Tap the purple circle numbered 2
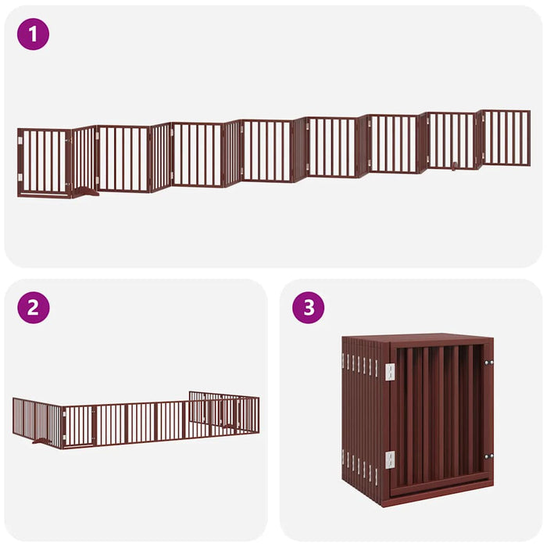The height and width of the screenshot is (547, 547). point(33,307)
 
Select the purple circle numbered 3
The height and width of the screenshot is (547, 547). point(308,307)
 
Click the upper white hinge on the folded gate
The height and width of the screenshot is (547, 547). point(389,371)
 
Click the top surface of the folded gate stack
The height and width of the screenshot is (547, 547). point(418,339)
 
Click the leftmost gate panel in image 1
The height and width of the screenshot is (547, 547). point(44,163)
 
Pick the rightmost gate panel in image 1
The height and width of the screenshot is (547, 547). point(505,138)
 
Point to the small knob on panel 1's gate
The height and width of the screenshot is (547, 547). point(453,166)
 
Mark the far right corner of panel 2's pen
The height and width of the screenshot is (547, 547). point(258,414)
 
